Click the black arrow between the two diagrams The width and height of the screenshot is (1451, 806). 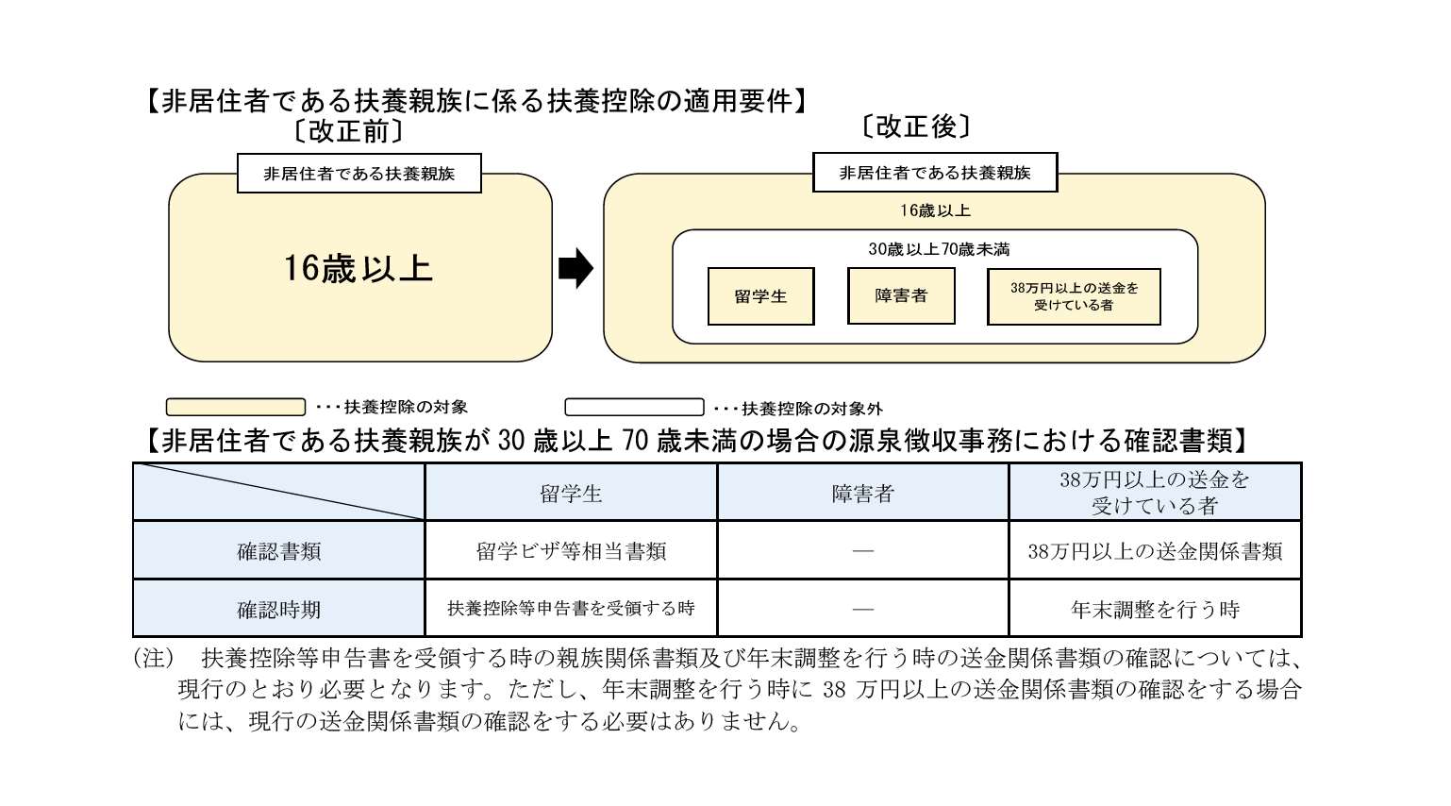575,269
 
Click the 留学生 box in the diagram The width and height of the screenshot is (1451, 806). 760,296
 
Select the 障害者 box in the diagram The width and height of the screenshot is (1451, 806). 901,295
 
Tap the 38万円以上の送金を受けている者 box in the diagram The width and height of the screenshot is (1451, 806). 1074,296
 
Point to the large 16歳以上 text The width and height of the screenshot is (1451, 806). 359,269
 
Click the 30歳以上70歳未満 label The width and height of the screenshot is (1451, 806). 939,249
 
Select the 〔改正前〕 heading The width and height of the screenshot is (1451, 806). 348,131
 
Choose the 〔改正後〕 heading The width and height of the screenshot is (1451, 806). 915,126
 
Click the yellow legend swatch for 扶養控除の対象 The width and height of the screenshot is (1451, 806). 236,407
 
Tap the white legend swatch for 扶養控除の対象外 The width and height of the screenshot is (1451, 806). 634,407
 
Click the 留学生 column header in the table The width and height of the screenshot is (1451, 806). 571,493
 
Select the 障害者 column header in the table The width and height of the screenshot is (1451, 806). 862,493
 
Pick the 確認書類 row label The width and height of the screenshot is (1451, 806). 279,551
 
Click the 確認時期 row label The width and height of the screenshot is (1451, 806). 279,610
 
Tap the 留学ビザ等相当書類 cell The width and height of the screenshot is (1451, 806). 571,551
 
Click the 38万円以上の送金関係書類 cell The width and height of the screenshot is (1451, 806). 1155,551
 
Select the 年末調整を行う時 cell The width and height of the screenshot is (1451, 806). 1155,610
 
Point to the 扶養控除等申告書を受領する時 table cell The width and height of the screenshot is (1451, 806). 571,609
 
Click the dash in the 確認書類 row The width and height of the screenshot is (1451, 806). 862,551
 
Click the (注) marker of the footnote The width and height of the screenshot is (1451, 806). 153,658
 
